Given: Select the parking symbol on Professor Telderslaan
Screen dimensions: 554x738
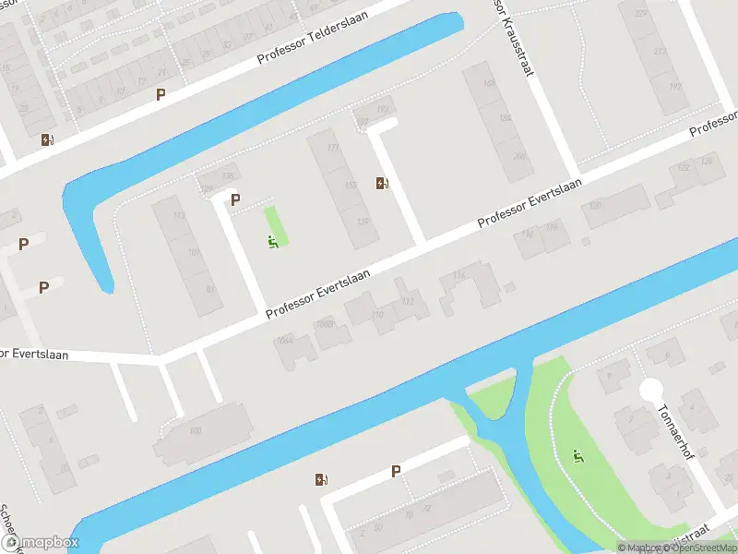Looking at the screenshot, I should click(161, 94).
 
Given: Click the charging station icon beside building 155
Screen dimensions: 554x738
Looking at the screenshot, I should click(382, 184).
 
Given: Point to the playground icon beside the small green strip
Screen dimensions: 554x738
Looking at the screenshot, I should click(273, 243).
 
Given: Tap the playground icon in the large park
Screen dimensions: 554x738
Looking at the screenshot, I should click(577, 455).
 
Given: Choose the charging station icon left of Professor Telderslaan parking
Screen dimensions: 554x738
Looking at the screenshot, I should click(47, 140).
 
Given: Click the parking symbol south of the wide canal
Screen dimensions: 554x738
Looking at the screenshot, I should click(396, 471).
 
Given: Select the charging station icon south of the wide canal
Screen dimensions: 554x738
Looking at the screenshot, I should click(320, 479).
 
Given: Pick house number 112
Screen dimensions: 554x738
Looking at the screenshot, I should click(408, 301).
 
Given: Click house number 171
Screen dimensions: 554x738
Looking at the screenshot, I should click(333, 148).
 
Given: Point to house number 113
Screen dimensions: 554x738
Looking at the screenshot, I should click(180, 216).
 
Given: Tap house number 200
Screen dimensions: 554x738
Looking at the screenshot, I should click(519, 156).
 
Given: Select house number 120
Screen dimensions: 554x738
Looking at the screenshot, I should click(595, 205).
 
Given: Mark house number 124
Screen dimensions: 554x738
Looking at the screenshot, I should click(707, 162).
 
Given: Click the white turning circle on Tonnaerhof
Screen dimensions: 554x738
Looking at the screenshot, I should click(652, 390).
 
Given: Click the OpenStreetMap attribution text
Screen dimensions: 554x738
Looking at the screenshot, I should click(697, 548).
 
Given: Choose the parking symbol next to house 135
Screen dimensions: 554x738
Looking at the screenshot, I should click(235, 199).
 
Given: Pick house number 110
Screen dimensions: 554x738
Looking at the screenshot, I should click(377, 316).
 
